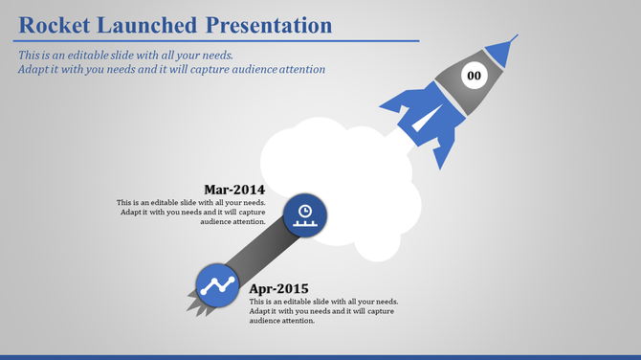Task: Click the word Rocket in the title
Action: (55, 24)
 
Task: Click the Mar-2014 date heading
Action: (234, 189)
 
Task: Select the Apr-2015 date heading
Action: (278, 288)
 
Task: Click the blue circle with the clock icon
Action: (304, 214)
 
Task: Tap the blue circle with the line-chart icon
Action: (217, 285)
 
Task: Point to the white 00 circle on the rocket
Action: (475, 75)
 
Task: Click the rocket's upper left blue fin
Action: (402, 97)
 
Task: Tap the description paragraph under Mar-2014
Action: (191, 212)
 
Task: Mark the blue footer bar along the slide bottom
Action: (320, 356)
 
